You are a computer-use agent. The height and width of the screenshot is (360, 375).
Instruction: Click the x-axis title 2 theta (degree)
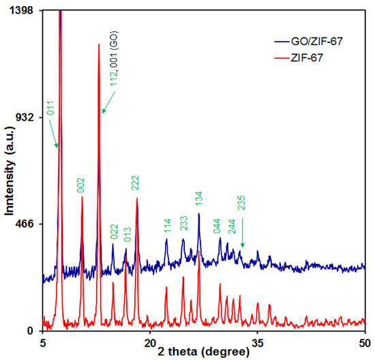pos(201,351)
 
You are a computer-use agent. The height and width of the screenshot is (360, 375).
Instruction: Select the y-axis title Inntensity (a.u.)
pos(10,170)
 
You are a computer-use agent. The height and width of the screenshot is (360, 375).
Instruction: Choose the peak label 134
pos(199,198)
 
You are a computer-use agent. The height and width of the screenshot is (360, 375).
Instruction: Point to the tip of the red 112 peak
pos(99,44)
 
